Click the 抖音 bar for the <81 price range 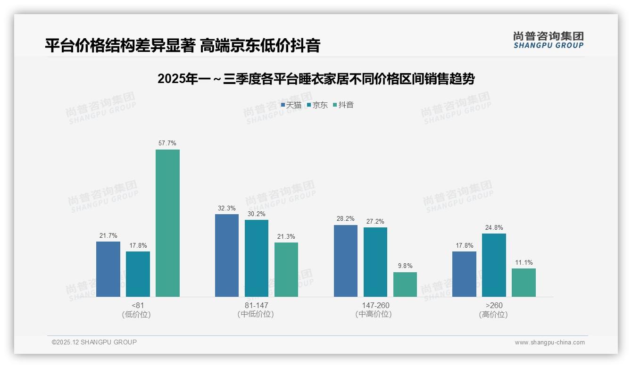pyautogui.click(x=167, y=223)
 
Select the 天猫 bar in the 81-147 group pyautogui.click(x=227, y=255)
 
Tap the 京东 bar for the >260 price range pyautogui.click(x=494, y=265)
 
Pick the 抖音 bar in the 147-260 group pyautogui.click(x=405, y=284)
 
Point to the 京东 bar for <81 pyautogui.click(x=138, y=274)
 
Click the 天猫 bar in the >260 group pyautogui.click(x=464, y=274)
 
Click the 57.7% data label pyautogui.click(x=167, y=143)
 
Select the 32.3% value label pyautogui.click(x=227, y=208)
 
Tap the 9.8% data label pyautogui.click(x=405, y=266)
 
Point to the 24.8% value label pyautogui.click(x=494, y=227)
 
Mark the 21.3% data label pyautogui.click(x=286, y=236)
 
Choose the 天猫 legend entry pyautogui.click(x=291, y=105)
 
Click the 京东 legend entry pyautogui.click(x=317, y=105)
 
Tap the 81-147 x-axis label pyautogui.click(x=256, y=305)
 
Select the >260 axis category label pyautogui.click(x=493, y=305)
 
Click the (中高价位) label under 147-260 pyautogui.click(x=375, y=314)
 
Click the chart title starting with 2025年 pyautogui.click(x=316, y=79)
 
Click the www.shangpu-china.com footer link pyautogui.click(x=549, y=343)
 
